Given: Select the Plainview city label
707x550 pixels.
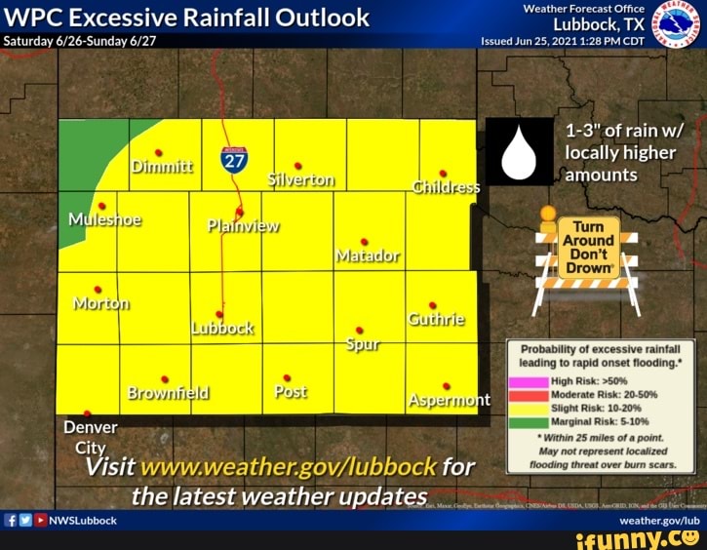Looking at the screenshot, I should tap(243, 226).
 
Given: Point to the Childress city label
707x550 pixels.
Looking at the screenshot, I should tap(447, 187).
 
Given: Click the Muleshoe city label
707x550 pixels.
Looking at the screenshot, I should tap(104, 218).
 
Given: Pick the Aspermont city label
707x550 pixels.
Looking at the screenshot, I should tap(449, 400).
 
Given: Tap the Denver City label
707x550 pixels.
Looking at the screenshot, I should tap(91, 437).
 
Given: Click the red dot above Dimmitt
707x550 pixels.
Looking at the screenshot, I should tap(158, 152).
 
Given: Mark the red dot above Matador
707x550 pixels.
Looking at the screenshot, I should tap(364, 241).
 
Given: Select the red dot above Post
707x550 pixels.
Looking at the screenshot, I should tap(287, 377).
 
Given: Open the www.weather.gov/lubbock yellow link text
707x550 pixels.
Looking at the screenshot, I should tap(289, 466).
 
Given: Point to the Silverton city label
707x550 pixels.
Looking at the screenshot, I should tap(300, 179).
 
